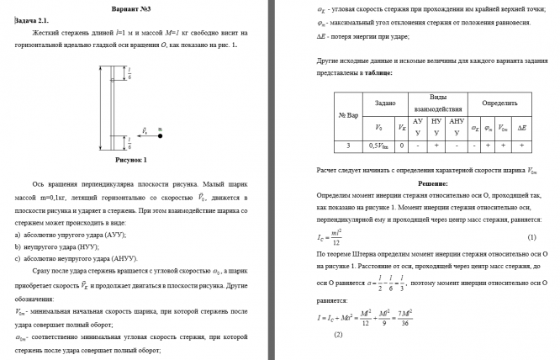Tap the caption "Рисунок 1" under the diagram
(x=130, y=159)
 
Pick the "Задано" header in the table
(x=386, y=103)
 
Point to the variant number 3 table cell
(x=348, y=146)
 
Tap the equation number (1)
(x=531, y=238)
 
